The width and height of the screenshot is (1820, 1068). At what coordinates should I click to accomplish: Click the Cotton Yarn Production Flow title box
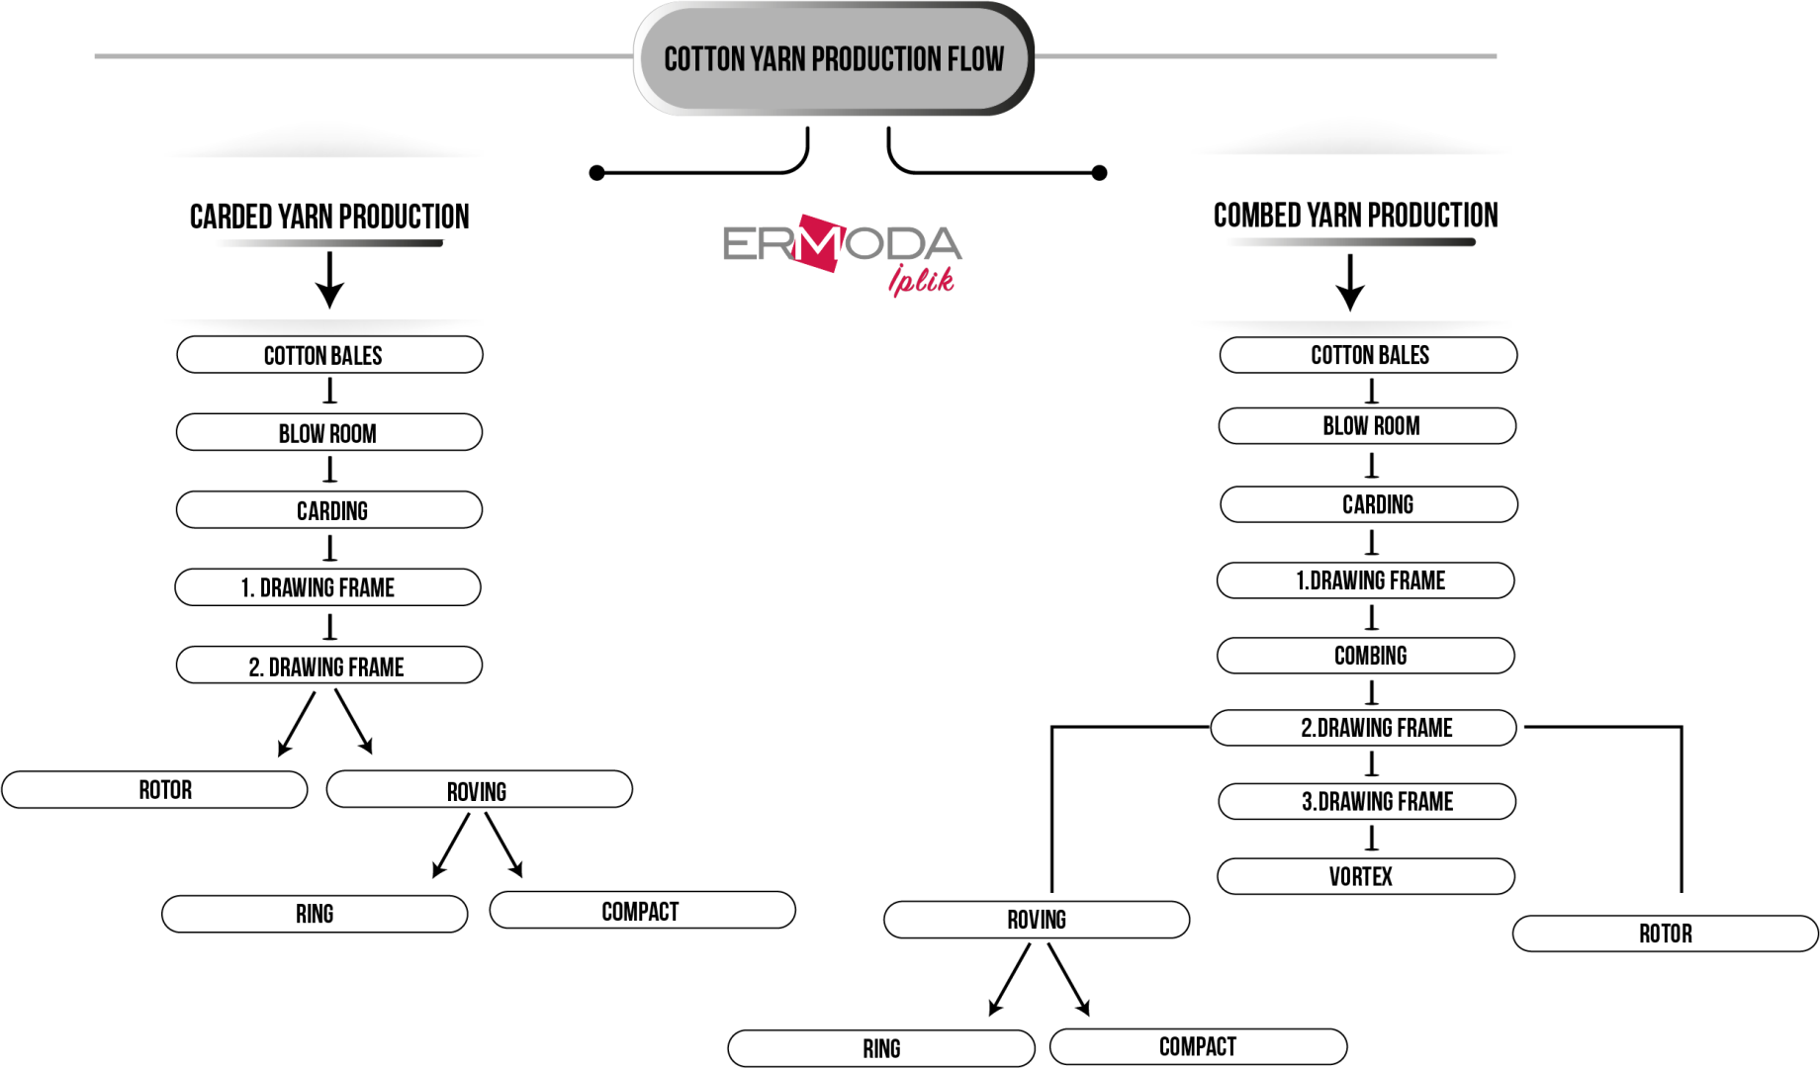pyautogui.click(x=834, y=58)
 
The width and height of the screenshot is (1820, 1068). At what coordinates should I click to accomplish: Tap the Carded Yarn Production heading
pyautogui.click(x=329, y=217)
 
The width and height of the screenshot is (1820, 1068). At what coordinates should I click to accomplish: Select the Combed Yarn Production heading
pyautogui.click(x=1355, y=216)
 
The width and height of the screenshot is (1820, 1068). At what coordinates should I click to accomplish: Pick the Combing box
pyautogui.click(x=1366, y=656)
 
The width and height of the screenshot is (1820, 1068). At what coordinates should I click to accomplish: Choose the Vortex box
pyautogui.click(x=1366, y=876)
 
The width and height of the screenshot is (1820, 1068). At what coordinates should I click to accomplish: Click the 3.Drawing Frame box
pyautogui.click(x=1367, y=801)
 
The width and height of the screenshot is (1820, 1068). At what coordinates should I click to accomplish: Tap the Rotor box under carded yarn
pyautogui.click(x=155, y=790)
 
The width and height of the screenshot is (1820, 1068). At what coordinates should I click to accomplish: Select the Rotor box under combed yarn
pyautogui.click(x=1666, y=934)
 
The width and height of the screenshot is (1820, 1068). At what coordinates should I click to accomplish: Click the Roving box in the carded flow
pyautogui.click(x=480, y=790)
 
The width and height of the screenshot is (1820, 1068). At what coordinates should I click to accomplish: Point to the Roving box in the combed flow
pyautogui.click(x=1037, y=920)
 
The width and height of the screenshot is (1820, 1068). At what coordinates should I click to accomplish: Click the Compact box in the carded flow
pyautogui.click(x=643, y=911)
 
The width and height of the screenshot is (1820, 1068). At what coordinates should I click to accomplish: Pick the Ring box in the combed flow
pyautogui.click(x=881, y=1048)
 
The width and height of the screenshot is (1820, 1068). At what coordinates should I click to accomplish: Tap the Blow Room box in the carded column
pyautogui.click(x=329, y=433)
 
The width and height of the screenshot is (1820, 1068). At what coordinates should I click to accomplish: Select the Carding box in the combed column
pyautogui.click(x=1369, y=504)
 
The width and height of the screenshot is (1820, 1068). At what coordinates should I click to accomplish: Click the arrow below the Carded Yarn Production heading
pyautogui.click(x=329, y=280)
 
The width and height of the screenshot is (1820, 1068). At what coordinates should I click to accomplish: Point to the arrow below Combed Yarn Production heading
pyautogui.click(x=1350, y=283)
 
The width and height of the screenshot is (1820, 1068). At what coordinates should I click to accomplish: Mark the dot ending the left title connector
pyautogui.click(x=596, y=173)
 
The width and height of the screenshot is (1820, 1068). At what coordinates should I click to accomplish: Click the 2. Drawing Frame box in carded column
pyautogui.click(x=329, y=666)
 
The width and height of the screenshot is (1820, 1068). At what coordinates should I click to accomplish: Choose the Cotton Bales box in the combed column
pyautogui.click(x=1369, y=355)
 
